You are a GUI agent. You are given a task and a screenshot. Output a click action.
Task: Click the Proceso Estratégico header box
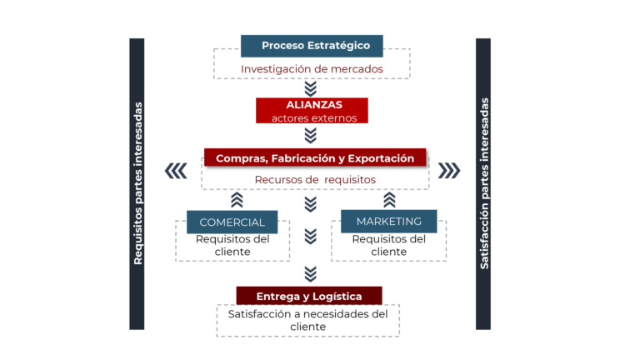pos(312,46)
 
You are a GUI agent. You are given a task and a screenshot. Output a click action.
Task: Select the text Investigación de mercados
pos(312,69)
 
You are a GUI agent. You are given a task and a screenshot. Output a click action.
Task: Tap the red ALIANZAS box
pos(312,105)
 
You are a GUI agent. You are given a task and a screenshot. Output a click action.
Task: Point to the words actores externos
pos(313,118)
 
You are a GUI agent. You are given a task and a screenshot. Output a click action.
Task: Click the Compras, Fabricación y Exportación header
pos(315,157)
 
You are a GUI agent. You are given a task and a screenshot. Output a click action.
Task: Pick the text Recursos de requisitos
pos(315,179)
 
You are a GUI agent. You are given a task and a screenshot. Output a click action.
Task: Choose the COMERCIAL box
pos(232,222)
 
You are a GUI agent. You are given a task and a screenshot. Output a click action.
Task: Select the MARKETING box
pos(388,221)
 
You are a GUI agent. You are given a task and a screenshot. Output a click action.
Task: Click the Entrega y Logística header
pos(309,296)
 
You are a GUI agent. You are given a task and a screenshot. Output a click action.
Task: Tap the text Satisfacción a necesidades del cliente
pos(308,321)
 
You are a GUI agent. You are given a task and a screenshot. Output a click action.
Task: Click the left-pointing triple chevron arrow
pos(176,171)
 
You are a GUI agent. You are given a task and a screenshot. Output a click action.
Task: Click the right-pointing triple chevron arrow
pos(449,171)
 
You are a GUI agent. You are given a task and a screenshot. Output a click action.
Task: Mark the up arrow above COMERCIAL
pos(237,200)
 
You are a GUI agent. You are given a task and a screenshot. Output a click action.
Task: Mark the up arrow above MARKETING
pos(389,200)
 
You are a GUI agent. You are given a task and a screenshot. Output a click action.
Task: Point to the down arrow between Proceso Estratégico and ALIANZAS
pos(311,87)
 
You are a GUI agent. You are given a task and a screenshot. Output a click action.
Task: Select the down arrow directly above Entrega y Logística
pos(311,273)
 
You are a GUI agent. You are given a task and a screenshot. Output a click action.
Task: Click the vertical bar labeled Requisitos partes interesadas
pos(137,183)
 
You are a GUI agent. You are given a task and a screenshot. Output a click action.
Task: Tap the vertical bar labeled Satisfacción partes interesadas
pos(483,183)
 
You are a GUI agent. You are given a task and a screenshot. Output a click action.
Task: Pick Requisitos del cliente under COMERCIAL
pos(232,245)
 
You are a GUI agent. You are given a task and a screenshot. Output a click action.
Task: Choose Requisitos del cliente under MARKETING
pos(388,245)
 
